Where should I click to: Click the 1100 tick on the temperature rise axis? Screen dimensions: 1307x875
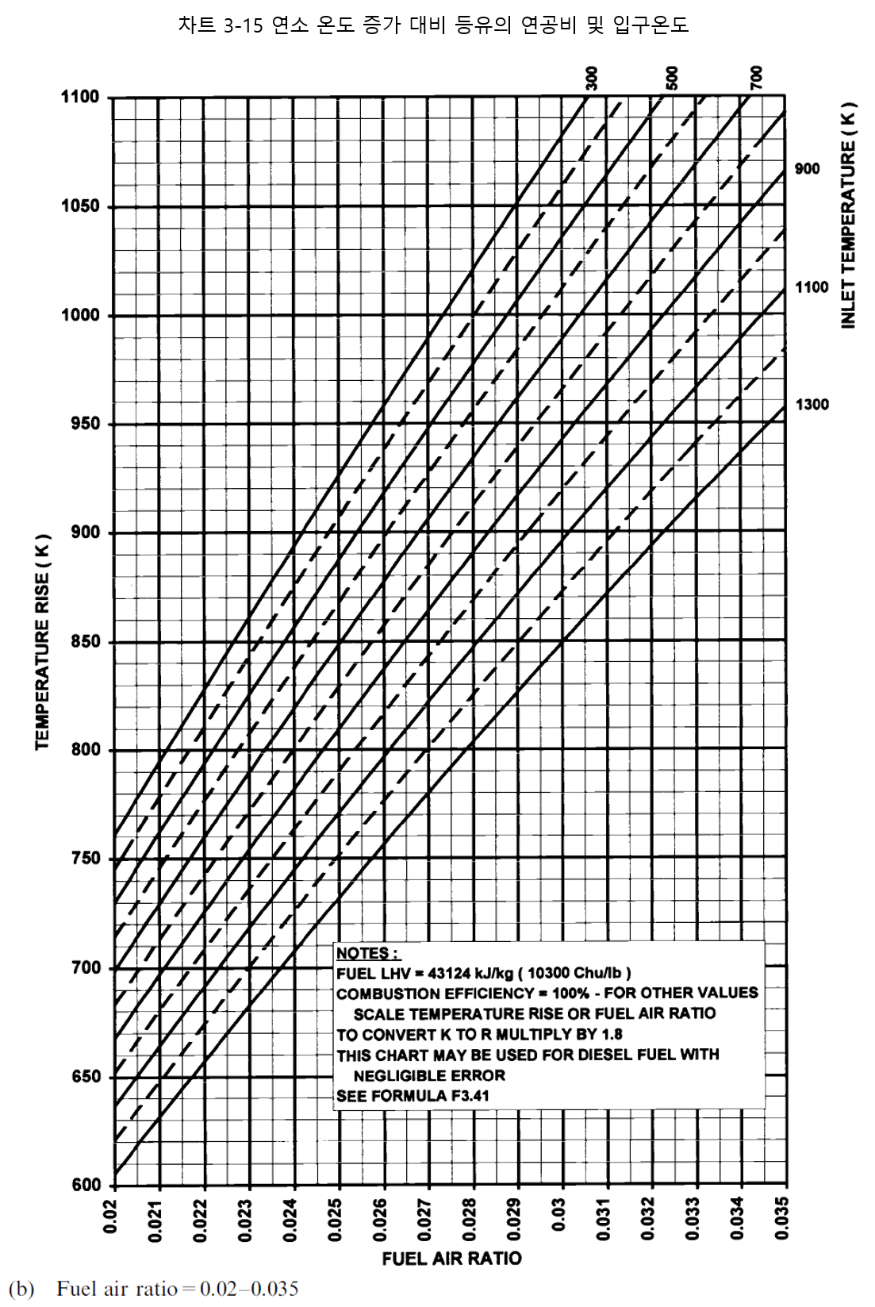[x=80, y=98]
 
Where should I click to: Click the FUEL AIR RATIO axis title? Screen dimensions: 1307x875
[x=451, y=1259]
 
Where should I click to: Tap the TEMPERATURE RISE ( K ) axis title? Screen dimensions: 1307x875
[x=43, y=641]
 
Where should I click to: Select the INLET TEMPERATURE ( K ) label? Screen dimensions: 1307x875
[x=849, y=215]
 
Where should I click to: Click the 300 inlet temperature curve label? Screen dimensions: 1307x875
[x=592, y=79]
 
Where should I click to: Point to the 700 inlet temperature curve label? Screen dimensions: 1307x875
[x=756, y=78]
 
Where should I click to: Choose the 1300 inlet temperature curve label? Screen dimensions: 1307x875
[x=812, y=405]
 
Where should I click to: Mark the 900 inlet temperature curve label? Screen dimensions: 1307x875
[x=807, y=169]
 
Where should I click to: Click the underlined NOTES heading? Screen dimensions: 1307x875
[x=367, y=953]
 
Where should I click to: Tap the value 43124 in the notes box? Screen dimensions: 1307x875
[x=449, y=973]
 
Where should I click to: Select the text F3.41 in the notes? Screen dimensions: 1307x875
[x=470, y=1096]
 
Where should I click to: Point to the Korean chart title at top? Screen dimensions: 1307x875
[x=433, y=25]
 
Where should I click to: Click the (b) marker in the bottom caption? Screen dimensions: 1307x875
[x=21, y=1289]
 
